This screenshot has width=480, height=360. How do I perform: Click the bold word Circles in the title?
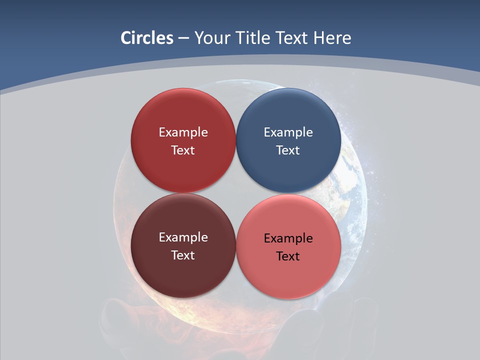(147, 38)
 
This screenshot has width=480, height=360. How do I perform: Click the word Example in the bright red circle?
(183, 132)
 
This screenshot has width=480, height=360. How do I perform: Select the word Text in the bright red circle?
(183, 150)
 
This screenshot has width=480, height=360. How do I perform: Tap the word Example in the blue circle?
(288, 132)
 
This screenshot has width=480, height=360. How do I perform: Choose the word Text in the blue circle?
(288, 150)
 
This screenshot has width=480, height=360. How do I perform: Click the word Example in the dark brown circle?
(183, 237)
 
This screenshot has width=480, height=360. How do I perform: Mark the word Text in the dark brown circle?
(183, 255)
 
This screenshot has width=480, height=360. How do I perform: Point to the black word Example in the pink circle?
(288, 238)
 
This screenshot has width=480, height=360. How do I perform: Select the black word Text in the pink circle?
(288, 256)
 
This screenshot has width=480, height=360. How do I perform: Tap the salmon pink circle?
(288, 280)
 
